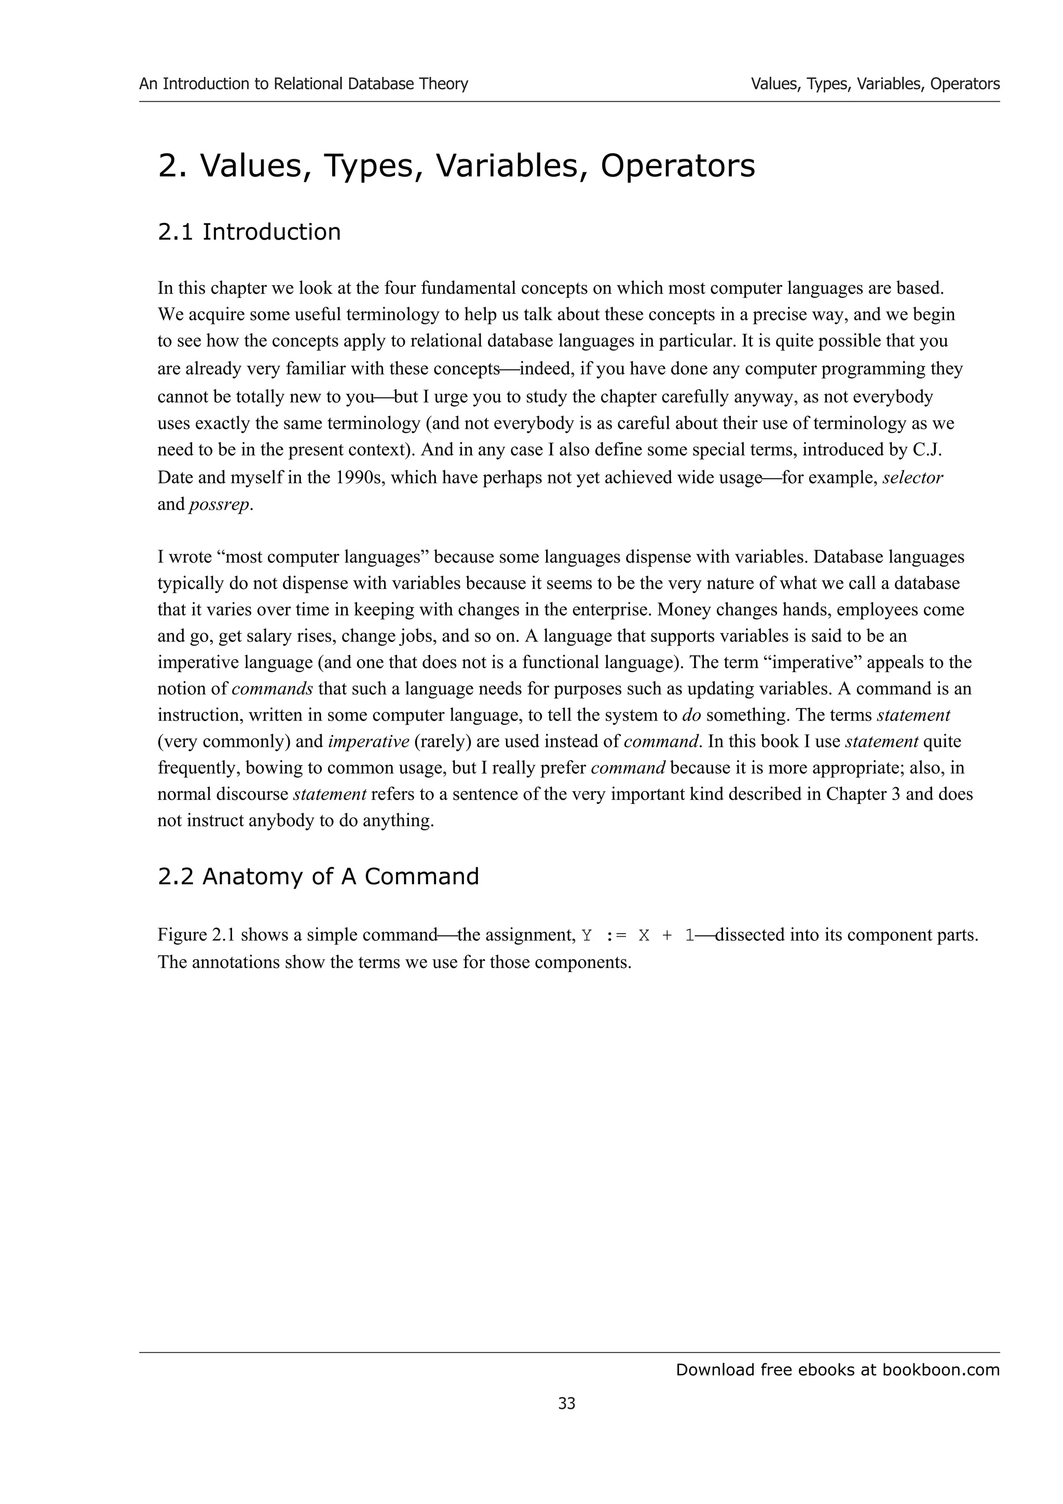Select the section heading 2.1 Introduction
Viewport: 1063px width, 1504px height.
point(249,232)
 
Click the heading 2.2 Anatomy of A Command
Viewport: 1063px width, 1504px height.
point(318,876)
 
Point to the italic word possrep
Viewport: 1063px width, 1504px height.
point(220,505)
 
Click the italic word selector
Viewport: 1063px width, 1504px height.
point(912,477)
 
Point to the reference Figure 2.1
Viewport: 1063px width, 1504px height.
point(197,935)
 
